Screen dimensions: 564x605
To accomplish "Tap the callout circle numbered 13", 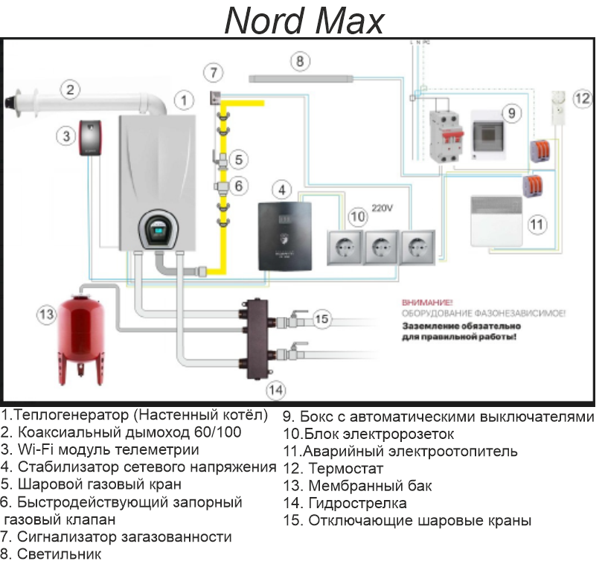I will point(46,314).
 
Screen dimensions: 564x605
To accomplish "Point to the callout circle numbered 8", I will point(300,61).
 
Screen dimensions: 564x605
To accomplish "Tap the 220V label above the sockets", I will point(382,207).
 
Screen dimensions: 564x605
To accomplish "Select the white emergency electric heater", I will point(504,222).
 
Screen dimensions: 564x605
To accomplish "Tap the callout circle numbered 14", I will point(275,388).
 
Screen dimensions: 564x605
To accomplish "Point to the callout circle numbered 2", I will point(69,90).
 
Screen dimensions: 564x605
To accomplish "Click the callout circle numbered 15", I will point(321,318).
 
